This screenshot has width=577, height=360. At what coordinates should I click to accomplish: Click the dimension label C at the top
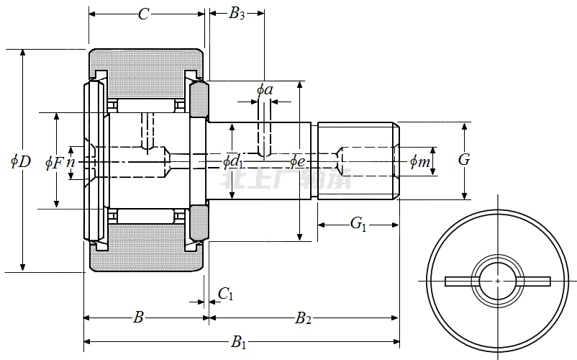click(x=143, y=14)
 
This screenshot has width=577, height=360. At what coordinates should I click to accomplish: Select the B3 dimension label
click(x=236, y=14)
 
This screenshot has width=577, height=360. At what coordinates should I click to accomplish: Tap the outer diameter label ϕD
click(x=21, y=161)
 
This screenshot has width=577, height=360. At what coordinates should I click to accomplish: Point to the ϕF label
click(x=55, y=162)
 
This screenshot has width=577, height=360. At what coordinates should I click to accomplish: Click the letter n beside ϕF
click(x=70, y=162)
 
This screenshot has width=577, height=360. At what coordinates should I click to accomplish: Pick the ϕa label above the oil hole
click(x=265, y=89)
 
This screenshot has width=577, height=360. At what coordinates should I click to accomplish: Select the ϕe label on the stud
click(x=299, y=161)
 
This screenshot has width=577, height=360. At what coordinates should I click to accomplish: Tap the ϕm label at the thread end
click(x=419, y=162)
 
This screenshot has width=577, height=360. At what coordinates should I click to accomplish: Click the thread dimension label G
click(x=464, y=159)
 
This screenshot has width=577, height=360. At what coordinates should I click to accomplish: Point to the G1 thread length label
click(x=358, y=225)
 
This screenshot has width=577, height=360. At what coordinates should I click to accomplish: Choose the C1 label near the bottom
click(x=226, y=293)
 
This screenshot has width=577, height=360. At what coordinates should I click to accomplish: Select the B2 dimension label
click(x=303, y=318)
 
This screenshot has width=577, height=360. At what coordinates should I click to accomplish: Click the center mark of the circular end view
click(x=497, y=279)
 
